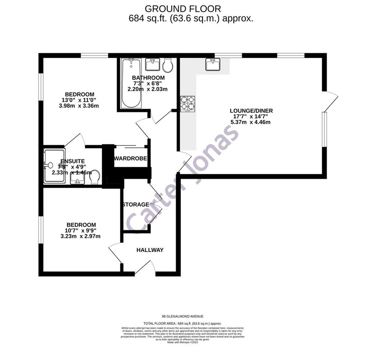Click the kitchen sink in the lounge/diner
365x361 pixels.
pyautogui.click(x=213, y=65)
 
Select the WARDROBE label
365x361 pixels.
pyautogui.click(x=130, y=159)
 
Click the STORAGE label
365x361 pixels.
pyautogui.click(x=135, y=205)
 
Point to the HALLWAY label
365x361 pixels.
pyautogui.click(x=150, y=250)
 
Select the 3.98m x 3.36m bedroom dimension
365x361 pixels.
pyautogui.click(x=79, y=106)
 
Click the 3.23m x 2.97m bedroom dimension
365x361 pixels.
pyautogui.click(x=80, y=236)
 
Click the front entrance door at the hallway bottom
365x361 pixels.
pyautogui.click(x=145, y=269)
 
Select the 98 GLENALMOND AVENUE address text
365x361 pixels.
pyautogui.click(x=183, y=317)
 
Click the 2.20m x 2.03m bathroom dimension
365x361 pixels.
pyautogui.click(x=148, y=89)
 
